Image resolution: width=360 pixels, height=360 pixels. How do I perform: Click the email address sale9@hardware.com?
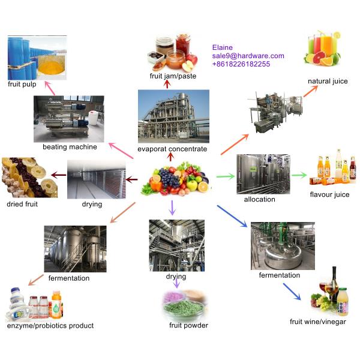click(248, 56)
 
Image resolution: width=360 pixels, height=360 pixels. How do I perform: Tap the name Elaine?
click(223, 47)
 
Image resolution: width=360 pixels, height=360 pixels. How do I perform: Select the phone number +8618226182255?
click(241, 64)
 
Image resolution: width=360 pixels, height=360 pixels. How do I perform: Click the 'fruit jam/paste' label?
click(173, 76)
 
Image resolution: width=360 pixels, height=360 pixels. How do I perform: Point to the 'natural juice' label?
click(328, 81)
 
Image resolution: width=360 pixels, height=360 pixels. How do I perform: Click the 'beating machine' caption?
click(70, 147)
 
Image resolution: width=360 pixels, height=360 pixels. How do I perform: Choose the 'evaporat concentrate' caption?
click(172, 149)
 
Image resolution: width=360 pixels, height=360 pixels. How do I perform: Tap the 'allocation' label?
click(260, 199)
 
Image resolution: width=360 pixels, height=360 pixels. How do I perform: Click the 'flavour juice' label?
click(329, 194)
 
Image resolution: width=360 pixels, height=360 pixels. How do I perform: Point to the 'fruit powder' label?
click(188, 325)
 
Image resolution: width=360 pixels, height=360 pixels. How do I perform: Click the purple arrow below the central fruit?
click(173, 208)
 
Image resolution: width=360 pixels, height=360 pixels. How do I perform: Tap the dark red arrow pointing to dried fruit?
click(59, 175)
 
